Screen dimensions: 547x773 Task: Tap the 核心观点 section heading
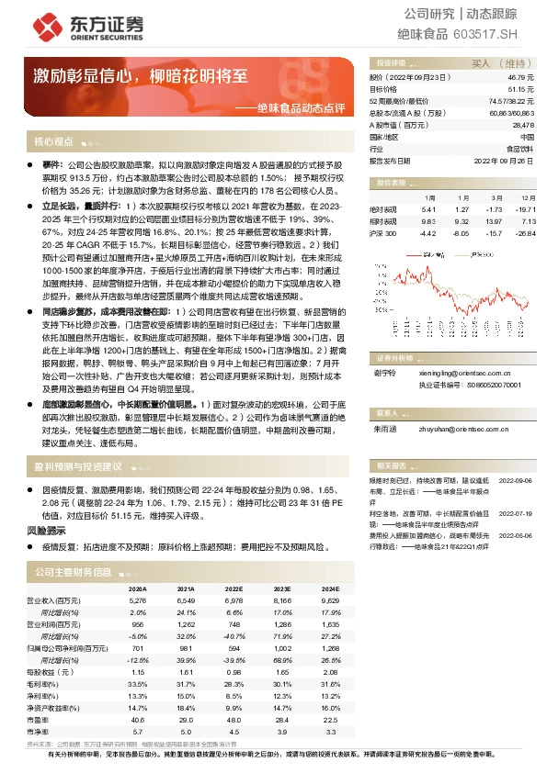click(x=53, y=142)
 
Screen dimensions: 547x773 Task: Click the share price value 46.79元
click(x=519, y=78)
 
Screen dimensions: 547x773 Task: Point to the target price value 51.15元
click(x=519, y=89)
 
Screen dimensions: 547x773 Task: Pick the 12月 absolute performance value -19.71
click(x=522, y=209)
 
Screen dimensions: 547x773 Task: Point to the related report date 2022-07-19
click(x=515, y=513)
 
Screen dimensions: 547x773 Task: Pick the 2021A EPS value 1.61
click(x=185, y=672)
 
